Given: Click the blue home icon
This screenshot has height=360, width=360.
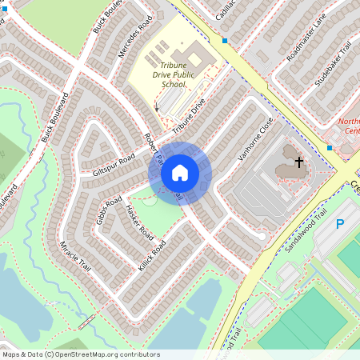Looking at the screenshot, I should [x=180, y=173].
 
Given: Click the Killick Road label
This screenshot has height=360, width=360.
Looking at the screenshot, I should [x=151, y=254].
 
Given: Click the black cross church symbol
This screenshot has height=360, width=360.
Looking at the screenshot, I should [x=298, y=162].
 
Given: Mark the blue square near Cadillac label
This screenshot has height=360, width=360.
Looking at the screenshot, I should [x=225, y=40].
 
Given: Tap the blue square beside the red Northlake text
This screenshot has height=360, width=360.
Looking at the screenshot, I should [x=329, y=147].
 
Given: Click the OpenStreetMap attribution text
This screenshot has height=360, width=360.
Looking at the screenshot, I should [x=81, y=354].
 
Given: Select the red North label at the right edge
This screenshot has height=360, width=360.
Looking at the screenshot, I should [x=349, y=122].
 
